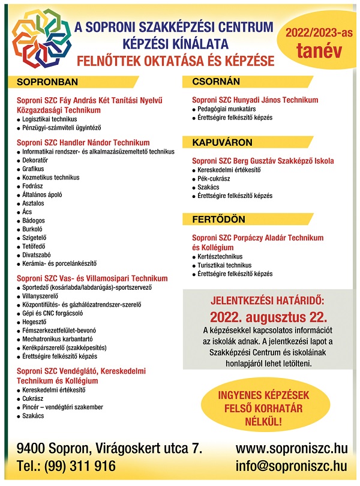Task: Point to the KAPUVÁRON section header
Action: click(x=222, y=142)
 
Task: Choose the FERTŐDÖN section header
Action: click(x=218, y=219)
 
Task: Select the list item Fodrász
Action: click(x=34, y=186)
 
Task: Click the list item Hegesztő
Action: click(x=36, y=322)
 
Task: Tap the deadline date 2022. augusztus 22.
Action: click(x=268, y=317)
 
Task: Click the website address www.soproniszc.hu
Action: click(x=292, y=449)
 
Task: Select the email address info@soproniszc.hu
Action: click(x=292, y=467)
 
